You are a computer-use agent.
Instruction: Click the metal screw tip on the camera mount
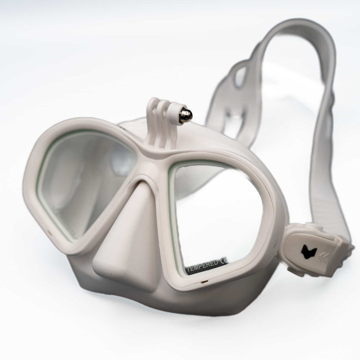pyautogui.click(x=186, y=116)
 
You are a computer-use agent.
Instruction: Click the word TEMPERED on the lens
pyautogui.click(x=202, y=264)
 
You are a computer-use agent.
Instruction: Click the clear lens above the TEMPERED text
pyautogui.click(x=218, y=211)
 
